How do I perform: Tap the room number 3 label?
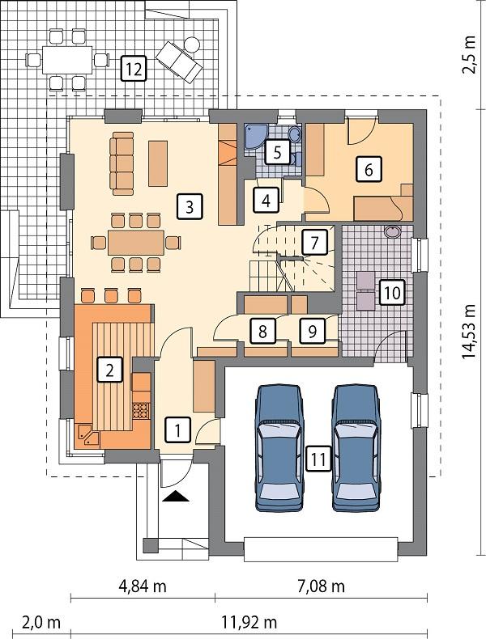click(x=188, y=206)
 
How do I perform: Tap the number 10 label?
click(x=390, y=293)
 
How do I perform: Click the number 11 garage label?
click(x=318, y=459)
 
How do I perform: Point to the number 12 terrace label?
click(x=133, y=69)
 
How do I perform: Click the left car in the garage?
click(x=278, y=447)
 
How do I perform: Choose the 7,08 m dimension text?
click(x=318, y=585)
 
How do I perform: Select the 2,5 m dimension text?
click(x=469, y=55)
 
